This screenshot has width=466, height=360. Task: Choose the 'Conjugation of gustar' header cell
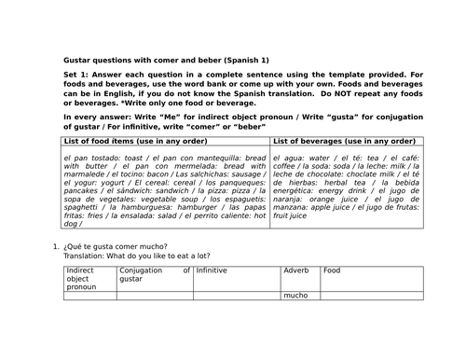[x=155, y=274]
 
